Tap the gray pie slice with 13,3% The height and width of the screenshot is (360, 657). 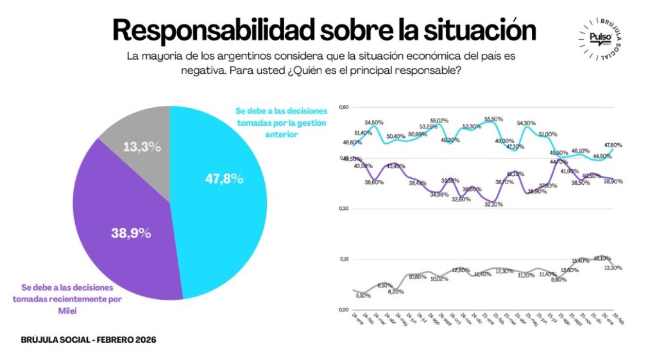pyautogui.click(x=142, y=138)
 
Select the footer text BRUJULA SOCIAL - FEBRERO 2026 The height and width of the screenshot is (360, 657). pyautogui.click(x=89, y=339)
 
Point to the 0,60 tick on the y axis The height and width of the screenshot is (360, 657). pyautogui.click(x=344, y=107)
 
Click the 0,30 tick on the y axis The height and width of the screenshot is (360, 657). pyautogui.click(x=344, y=209)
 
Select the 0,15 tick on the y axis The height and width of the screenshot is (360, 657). pyautogui.click(x=344, y=259)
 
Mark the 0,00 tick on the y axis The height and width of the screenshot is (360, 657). pyautogui.click(x=344, y=310)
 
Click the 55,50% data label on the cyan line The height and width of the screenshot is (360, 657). pyautogui.click(x=493, y=119)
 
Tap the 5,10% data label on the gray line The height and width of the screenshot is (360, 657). pyautogui.click(x=363, y=296)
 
